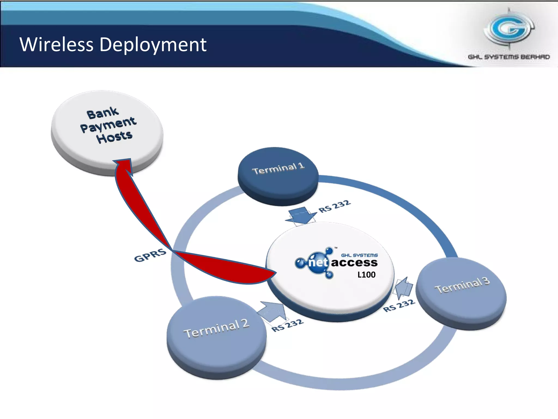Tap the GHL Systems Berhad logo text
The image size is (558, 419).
(x=509, y=57)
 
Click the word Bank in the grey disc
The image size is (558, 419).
(x=102, y=113)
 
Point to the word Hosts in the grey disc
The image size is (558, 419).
(x=114, y=137)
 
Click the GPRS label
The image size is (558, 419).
(x=150, y=255)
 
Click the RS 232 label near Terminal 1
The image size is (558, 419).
(x=335, y=206)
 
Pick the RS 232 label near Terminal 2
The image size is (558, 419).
(x=287, y=325)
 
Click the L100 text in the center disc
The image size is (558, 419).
(x=366, y=275)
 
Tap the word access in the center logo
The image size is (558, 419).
(x=354, y=263)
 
